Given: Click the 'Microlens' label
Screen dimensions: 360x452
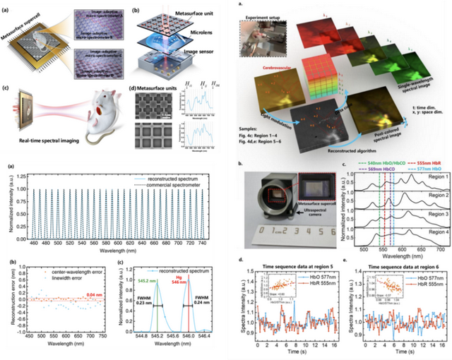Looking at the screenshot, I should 202,52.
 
